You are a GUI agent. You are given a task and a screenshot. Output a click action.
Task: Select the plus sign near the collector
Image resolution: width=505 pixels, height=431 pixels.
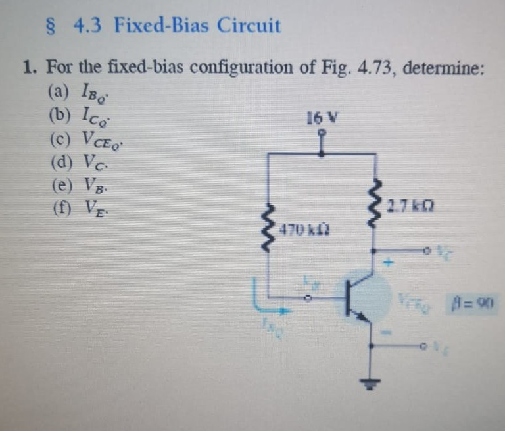pyautogui.click(x=388, y=264)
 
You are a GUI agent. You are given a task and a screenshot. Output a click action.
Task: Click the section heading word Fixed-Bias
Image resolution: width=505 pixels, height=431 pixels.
pyautogui.click(x=162, y=26)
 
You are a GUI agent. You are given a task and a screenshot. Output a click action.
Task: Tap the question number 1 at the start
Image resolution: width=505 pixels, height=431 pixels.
pyautogui.click(x=27, y=67)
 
